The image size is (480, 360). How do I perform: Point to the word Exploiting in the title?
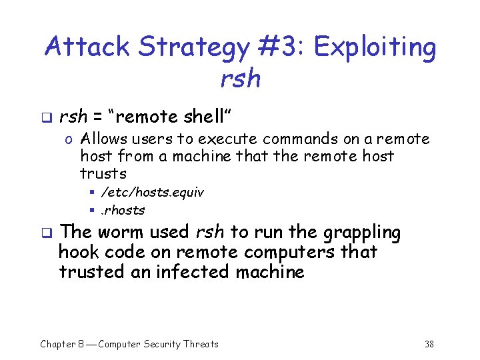(x=375, y=48)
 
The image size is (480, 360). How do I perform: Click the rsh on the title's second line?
(x=240, y=78)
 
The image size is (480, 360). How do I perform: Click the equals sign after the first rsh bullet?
(x=97, y=118)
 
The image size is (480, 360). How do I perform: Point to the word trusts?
(x=103, y=174)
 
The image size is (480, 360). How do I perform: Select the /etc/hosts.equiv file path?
(x=152, y=193)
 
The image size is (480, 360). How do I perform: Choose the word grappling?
(x=361, y=233)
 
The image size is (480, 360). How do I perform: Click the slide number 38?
(x=429, y=344)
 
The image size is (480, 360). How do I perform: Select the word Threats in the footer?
(x=201, y=344)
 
